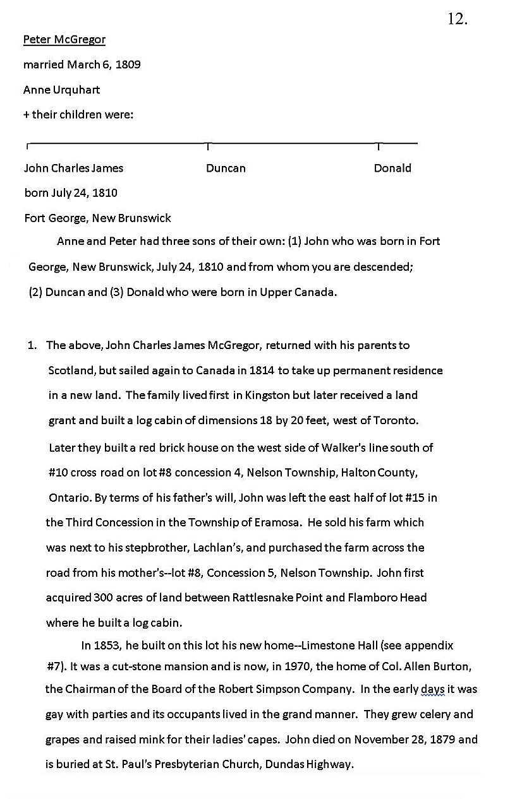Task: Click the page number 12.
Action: click(457, 20)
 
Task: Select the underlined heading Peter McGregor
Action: click(64, 40)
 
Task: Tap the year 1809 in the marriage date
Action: click(128, 65)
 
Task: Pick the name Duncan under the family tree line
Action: click(226, 169)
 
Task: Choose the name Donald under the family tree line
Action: click(392, 169)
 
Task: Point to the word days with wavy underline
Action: click(433, 690)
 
